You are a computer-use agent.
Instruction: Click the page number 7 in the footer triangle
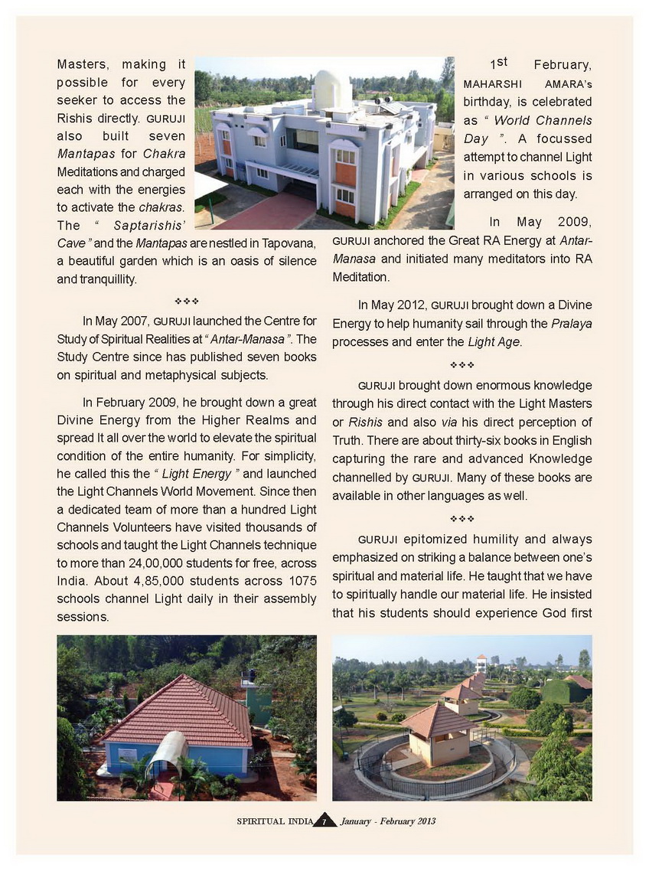(324, 821)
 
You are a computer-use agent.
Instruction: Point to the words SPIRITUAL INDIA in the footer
(274, 821)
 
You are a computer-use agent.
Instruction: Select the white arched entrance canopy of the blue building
(166, 755)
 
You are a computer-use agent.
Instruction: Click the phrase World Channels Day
(528, 129)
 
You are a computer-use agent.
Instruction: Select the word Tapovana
(289, 243)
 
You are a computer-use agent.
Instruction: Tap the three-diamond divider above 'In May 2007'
(187, 301)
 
